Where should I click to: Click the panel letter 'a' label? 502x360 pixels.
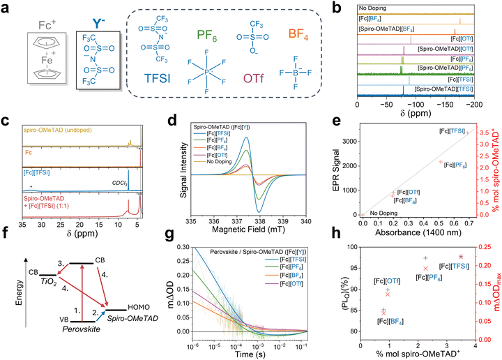[x=7, y=8]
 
